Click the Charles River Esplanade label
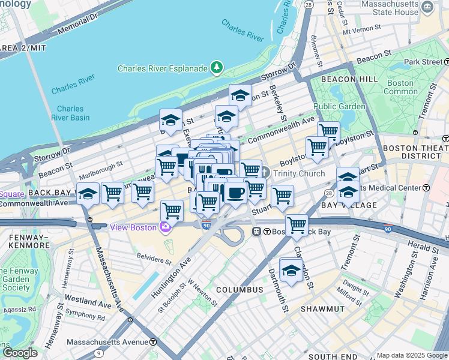coord(162,68)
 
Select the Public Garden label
coord(339,106)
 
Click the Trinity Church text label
coord(298,173)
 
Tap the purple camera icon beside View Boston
coord(164,227)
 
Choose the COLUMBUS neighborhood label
coord(240,290)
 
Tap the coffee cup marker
coord(235,193)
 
